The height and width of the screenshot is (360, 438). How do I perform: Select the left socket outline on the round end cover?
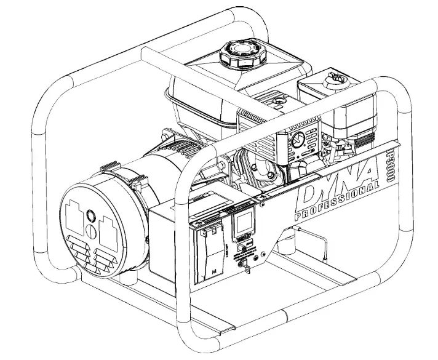(x=77, y=218)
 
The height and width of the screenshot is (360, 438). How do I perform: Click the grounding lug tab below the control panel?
(x=244, y=266)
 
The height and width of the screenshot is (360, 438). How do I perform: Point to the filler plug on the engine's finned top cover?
(x=279, y=98)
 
